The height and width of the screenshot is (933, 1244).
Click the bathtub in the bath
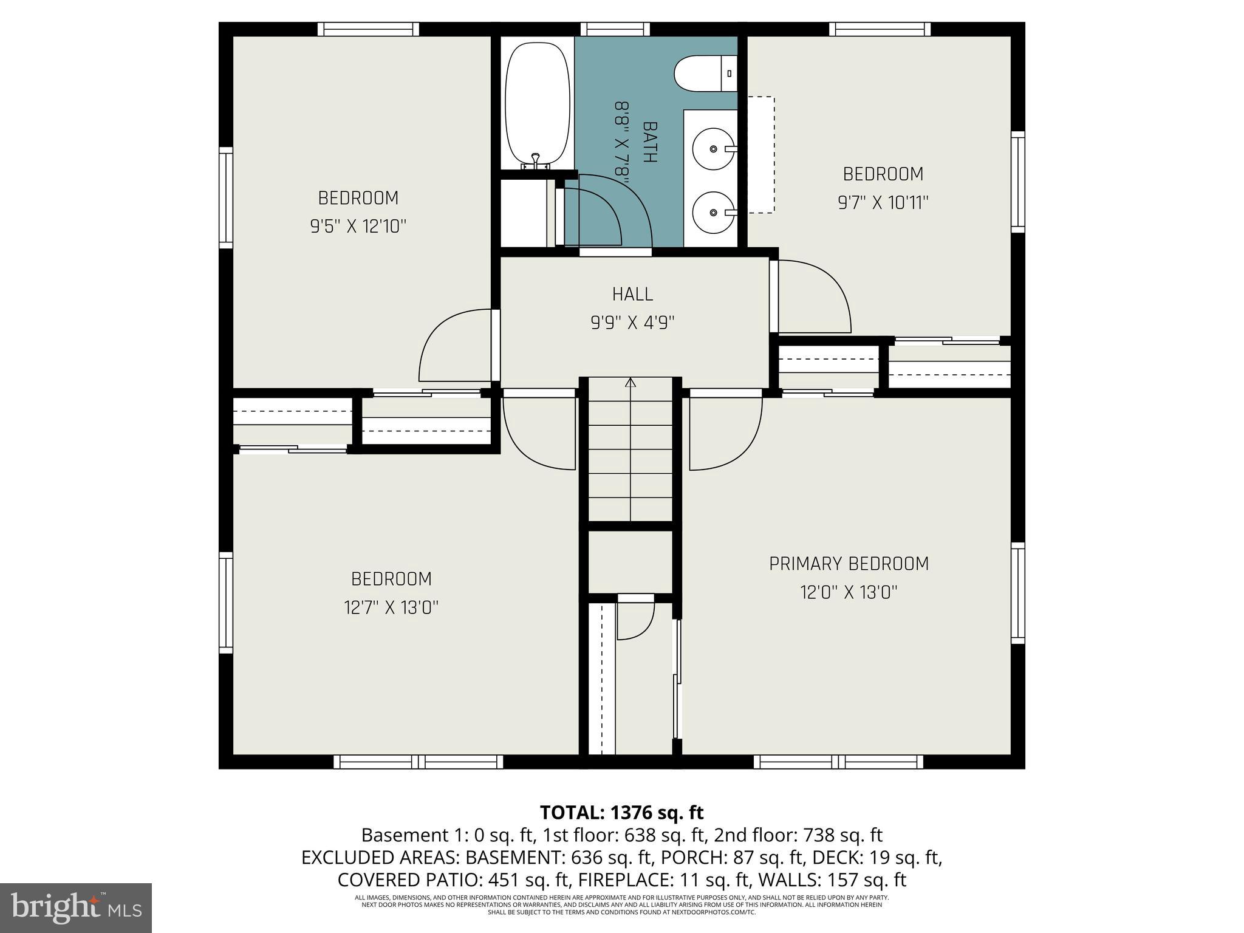tap(538, 103)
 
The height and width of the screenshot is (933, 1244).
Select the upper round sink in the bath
tap(713, 148)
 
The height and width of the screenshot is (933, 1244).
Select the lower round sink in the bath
tap(713, 212)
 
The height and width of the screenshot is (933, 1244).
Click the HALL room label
tap(632, 294)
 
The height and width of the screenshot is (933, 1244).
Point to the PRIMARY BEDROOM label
tap(849, 564)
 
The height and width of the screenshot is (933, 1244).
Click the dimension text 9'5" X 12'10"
tap(358, 227)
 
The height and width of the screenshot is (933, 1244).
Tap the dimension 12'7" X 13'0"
tap(391, 607)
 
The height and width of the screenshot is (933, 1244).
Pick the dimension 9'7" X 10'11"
tap(883, 202)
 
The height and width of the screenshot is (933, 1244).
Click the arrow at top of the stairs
tap(631, 383)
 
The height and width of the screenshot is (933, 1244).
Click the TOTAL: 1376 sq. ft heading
tap(621, 812)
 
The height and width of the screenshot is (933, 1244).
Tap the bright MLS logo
tap(76, 908)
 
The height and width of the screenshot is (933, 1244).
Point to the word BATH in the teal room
tap(649, 142)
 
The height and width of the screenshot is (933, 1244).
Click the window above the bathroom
tap(615, 29)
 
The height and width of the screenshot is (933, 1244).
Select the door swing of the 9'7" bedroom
tap(814, 298)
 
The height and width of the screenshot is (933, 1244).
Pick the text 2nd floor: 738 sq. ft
tap(798, 835)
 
